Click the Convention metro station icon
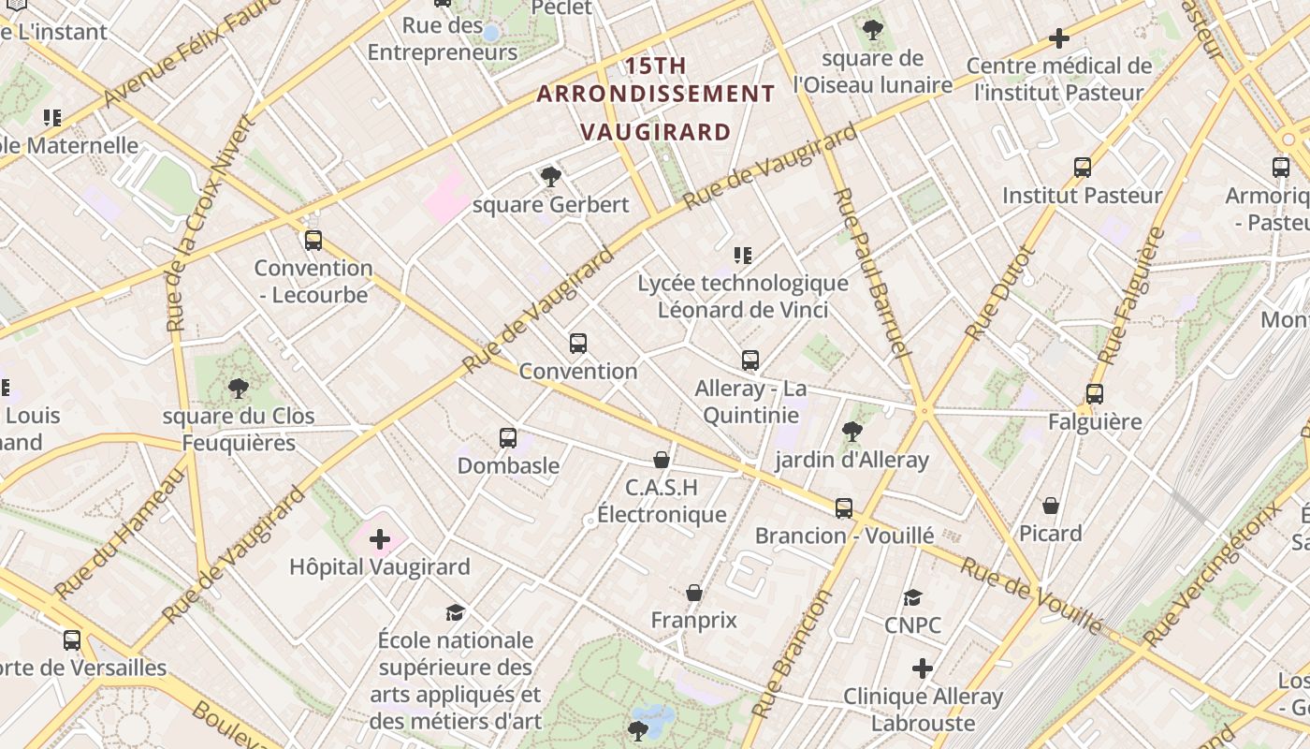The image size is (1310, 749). click(x=578, y=344)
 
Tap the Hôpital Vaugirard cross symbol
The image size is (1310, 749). click(x=380, y=539)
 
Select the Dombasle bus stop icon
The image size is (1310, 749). click(x=508, y=437)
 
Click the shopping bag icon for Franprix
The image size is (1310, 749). click(x=694, y=593)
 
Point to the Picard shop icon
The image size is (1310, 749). click(x=1051, y=506)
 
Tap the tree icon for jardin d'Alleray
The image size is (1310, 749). click(x=851, y=432)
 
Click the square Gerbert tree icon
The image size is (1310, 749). click(x=551, y=176)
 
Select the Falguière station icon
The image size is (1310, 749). click(x=1095, y=394)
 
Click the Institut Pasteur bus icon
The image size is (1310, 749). click(x=1083, y=168)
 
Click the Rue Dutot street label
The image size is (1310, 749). click(x=1001, y=292)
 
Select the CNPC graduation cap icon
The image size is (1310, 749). click(x=912, y=597)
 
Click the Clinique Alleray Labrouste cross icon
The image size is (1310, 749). click(x=923, y=668)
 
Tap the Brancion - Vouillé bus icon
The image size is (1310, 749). click(x=844, y=508)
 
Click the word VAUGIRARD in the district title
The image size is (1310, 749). click(x=655, y=132)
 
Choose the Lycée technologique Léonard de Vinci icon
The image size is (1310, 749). click(x=743, y=255)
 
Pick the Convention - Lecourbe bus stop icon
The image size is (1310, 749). click(x=313, y=241)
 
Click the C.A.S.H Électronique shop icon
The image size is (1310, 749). click(x=662, y=460)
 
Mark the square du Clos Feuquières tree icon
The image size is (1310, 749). click(x=239, y=388)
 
